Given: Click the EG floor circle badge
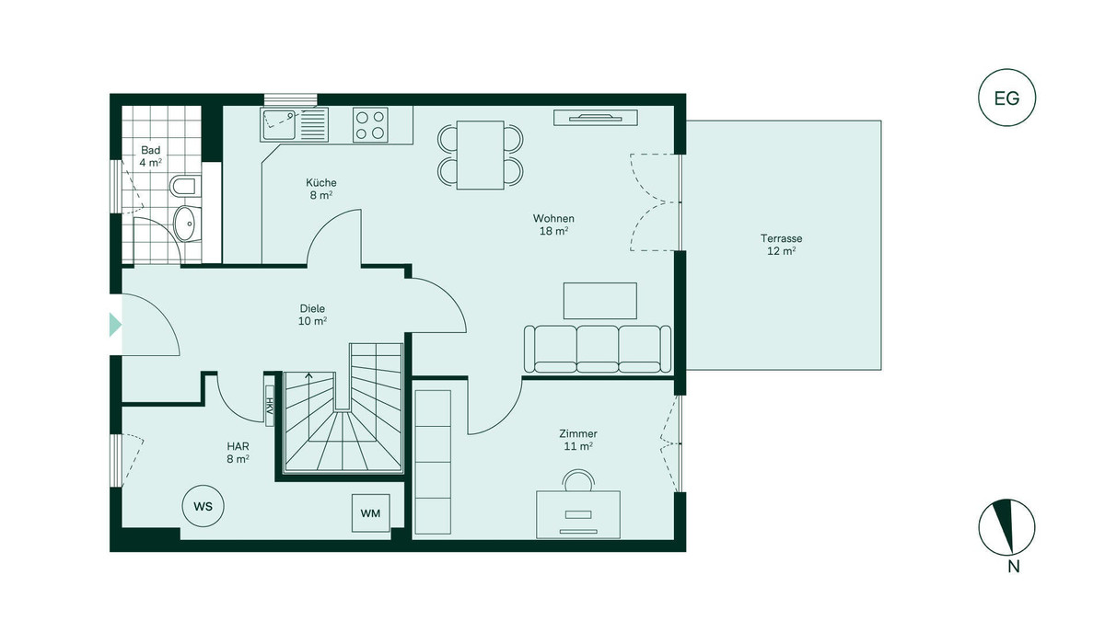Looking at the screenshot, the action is point(1006,98).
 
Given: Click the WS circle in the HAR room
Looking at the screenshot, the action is point(204,506).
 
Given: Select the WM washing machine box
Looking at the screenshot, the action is point(370,513).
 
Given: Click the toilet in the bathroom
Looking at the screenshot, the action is point(185,186).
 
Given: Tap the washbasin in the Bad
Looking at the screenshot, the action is point(187,224).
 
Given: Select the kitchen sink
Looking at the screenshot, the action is point(294,125).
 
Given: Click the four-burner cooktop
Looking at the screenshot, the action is point(370,125).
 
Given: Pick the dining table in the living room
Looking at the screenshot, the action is point(481,155).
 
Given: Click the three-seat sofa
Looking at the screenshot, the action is point(598,349).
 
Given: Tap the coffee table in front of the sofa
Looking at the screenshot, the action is point(600,301).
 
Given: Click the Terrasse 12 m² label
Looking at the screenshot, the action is point(782,245).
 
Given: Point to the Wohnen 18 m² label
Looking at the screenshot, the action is point(553,224).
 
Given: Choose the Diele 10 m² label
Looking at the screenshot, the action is point(312,315).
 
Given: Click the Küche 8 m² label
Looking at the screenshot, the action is point(321,189).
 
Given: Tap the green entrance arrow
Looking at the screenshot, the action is point(115,325).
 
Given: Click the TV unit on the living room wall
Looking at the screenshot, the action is point(596,118).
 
